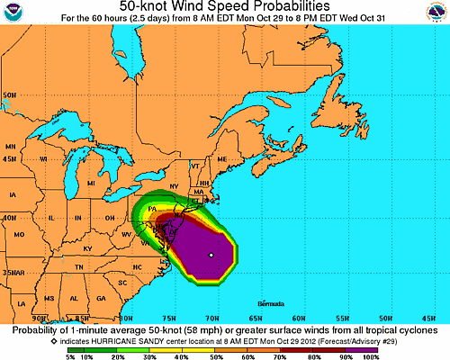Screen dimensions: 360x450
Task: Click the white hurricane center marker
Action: (x=210, y=256)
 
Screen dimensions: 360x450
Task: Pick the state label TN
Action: (x=79, y=266)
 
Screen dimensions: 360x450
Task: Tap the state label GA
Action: (x=100, y=297)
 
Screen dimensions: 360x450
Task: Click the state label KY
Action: (x=87, y=247)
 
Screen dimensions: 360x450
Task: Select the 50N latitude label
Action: (x=11, y=94)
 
